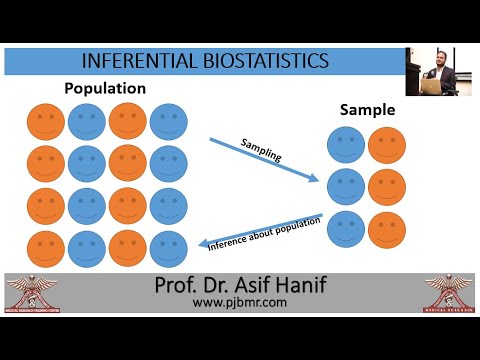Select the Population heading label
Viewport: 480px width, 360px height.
(x=105, y=89)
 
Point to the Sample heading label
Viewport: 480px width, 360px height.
(x=367, y=109)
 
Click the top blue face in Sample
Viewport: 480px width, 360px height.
(x=346, y=146)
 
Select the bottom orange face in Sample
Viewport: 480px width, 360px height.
(x=386, y=229)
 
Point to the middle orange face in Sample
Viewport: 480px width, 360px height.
(x=386, y=187)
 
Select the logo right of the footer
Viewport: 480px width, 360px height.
(x=449, y=292)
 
